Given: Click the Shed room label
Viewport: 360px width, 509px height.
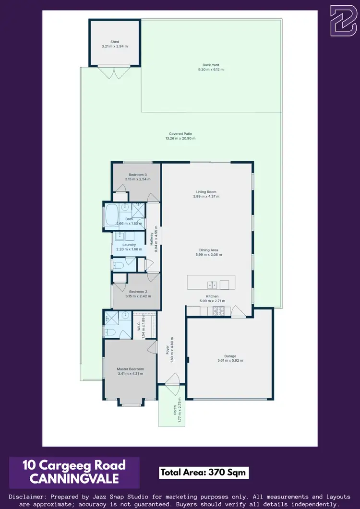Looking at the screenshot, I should pos(114,42).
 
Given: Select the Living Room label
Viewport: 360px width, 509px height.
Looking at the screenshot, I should pos(206,192).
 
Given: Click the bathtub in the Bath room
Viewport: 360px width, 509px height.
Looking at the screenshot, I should pos(112,216).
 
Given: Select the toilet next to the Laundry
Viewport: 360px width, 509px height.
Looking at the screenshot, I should pos(119,264).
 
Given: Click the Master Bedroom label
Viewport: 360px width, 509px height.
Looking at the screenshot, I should pos(130,369).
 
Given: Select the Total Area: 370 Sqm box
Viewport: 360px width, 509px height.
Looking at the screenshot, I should pos(204,473).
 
